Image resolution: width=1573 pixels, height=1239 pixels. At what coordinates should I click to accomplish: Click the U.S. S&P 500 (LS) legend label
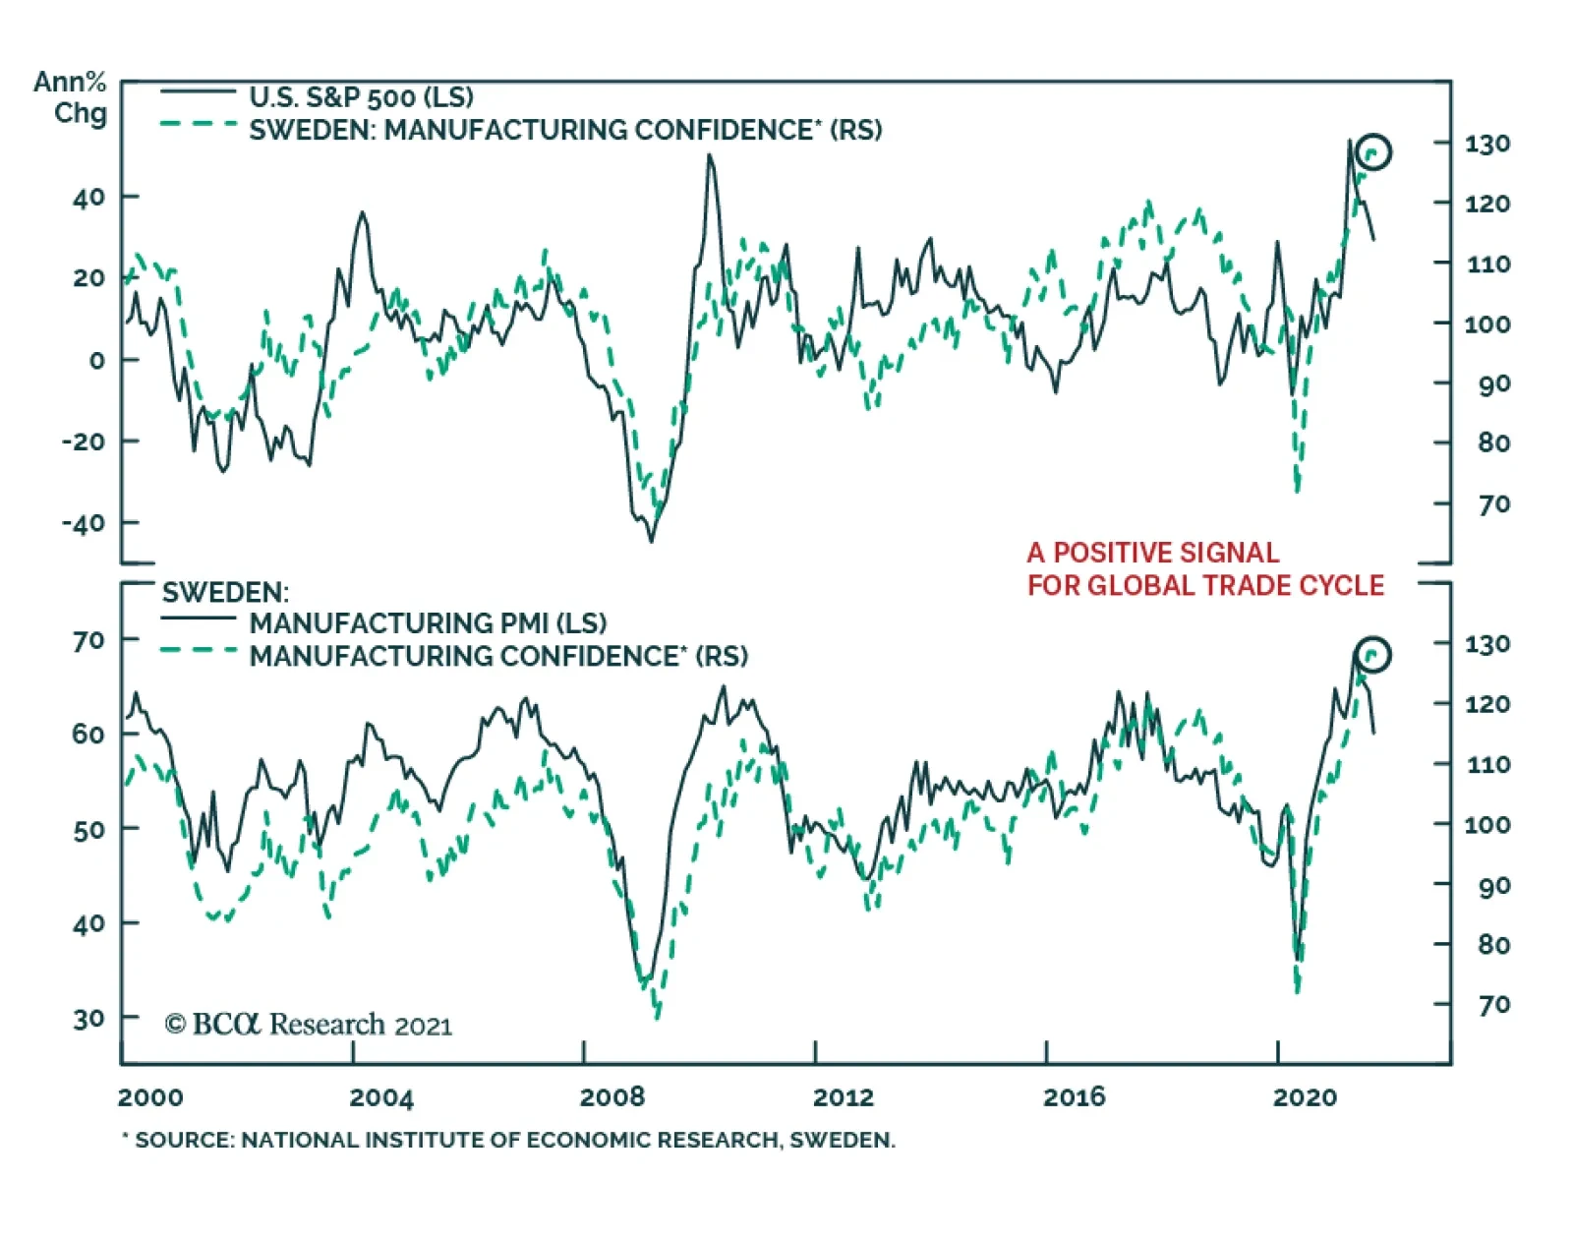coord(361,96)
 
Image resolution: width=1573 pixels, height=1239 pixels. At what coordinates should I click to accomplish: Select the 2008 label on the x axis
coord(612,1096)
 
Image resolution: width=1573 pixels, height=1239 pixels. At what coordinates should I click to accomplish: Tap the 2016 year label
coord(1074,1096)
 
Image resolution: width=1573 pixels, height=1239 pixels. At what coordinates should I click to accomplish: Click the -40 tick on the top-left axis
coord(84,522)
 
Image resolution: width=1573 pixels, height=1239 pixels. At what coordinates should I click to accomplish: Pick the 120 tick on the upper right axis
coord(1486,204)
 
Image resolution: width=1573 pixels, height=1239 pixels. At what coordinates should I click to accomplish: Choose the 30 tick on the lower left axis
coord(88,1018)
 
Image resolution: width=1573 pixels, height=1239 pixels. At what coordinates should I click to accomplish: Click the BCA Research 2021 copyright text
coord(308,1025)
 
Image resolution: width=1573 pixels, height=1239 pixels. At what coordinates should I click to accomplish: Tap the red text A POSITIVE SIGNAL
coord(1153,553)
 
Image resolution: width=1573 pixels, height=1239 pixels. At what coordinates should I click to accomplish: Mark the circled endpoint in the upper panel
coord(1372,151)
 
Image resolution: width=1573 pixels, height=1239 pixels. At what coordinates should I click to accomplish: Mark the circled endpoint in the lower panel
coord(1372,654)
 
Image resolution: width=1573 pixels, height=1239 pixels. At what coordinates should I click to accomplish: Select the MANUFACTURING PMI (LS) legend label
coord(428,622)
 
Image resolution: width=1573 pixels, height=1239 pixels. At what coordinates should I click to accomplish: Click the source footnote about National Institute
coord(508,1140)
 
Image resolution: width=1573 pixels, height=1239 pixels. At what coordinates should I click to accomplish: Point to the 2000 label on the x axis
coord(150,1096)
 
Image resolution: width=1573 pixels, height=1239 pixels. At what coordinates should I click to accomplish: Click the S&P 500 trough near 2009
coord(651,540)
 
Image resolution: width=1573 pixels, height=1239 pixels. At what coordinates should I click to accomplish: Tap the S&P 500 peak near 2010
coord(710,155)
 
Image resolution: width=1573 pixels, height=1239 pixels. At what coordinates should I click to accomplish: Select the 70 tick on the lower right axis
coord(1492,1004)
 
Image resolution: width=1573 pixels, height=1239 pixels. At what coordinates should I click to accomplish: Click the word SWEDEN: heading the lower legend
coord(225,592)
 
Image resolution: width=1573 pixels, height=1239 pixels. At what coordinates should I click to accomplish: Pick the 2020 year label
coord(1305,1096)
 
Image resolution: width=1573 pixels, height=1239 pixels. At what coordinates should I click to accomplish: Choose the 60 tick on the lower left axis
coord(88,734)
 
